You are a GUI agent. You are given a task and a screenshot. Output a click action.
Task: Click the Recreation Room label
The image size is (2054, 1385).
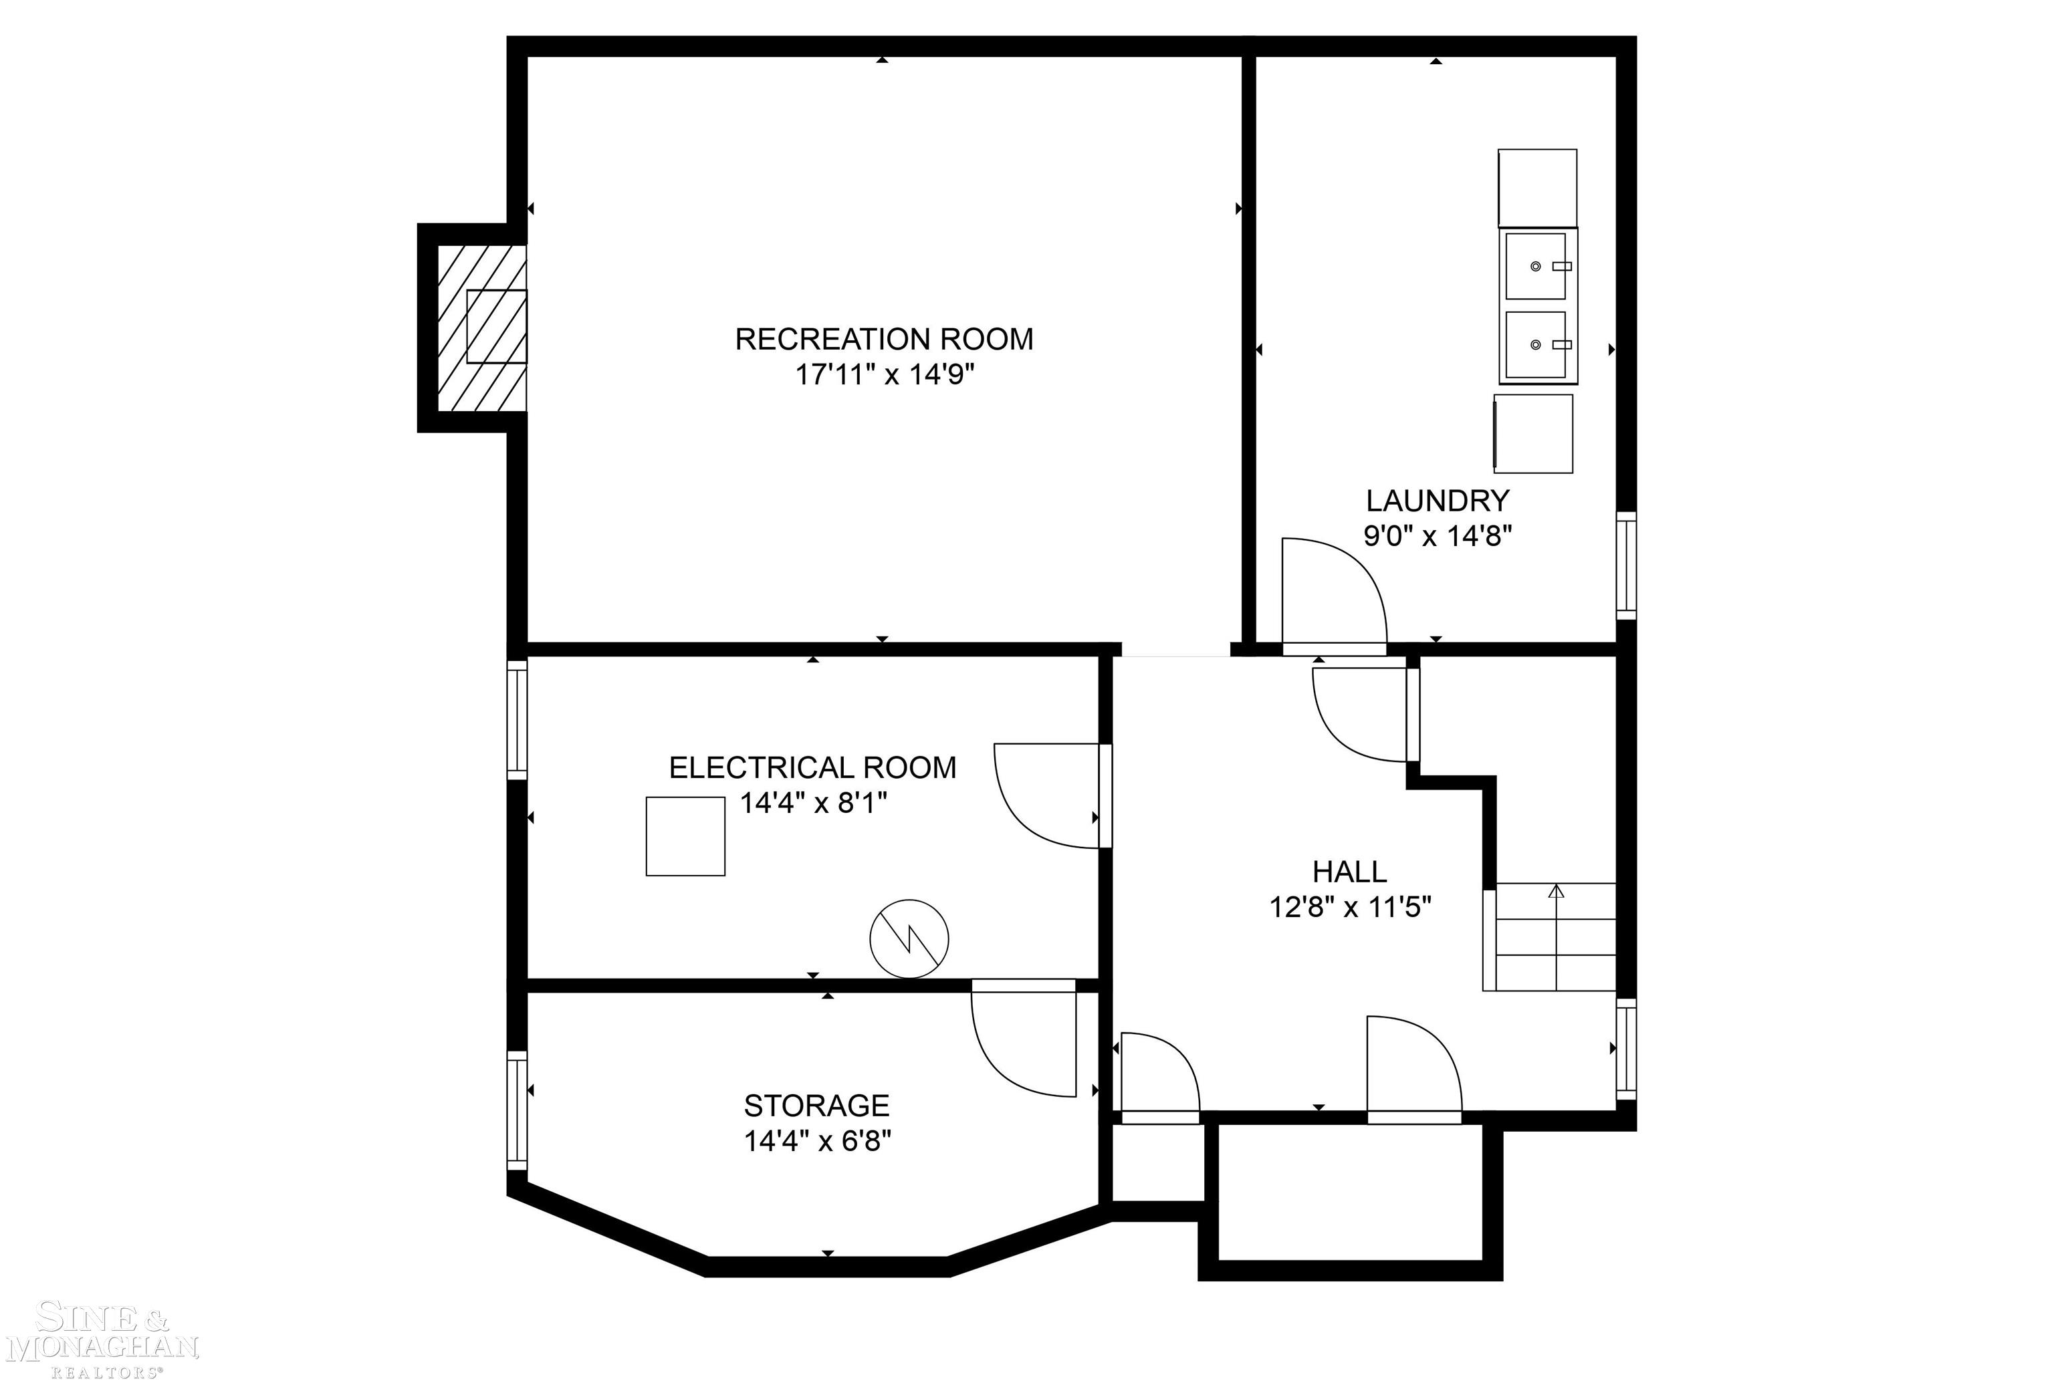pos(883,339)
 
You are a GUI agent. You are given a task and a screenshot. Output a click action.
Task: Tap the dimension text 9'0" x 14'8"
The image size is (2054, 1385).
pos(1438,536)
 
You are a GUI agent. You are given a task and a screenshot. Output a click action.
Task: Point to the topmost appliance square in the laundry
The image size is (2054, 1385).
pos(1537,188)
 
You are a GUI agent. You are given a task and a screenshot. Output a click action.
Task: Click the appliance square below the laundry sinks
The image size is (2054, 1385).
pos(1534,434)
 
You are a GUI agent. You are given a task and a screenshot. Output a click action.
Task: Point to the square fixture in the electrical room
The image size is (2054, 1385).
pos(685,836)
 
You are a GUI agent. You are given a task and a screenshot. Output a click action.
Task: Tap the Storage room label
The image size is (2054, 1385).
pos(816,1106)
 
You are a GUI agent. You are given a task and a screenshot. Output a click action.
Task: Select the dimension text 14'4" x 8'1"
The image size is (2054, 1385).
pos(813,803)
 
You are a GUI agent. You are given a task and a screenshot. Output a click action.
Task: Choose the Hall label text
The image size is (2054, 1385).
pos(1349,872)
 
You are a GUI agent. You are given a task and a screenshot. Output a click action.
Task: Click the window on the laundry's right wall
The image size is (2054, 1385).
pos(1625,565)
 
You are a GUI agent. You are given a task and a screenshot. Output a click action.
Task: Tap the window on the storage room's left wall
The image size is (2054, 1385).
pos(517,1110)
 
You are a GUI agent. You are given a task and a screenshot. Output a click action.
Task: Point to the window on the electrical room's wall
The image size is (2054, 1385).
pos(517,720)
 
